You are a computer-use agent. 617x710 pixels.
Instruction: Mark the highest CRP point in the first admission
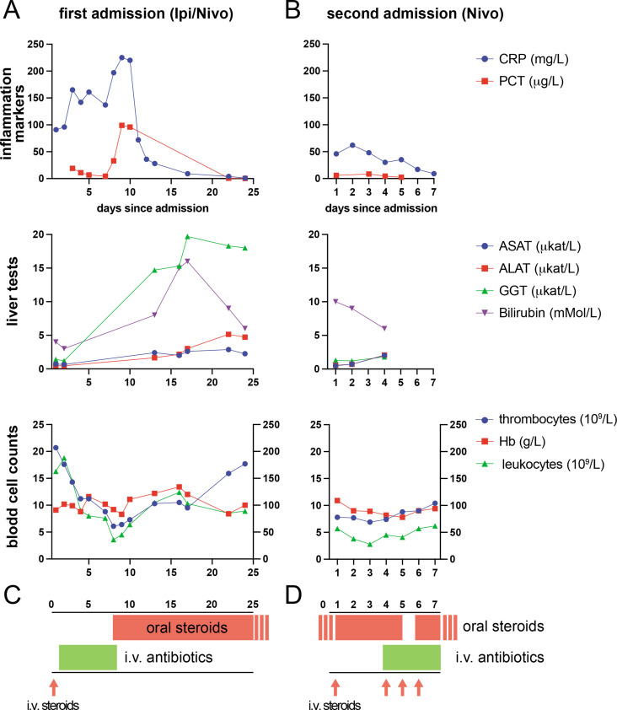[x=122, y=57]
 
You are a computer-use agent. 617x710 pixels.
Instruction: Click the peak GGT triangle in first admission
[x=187, y=236]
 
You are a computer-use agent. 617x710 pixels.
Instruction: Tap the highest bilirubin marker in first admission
[x=187, y=261]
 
